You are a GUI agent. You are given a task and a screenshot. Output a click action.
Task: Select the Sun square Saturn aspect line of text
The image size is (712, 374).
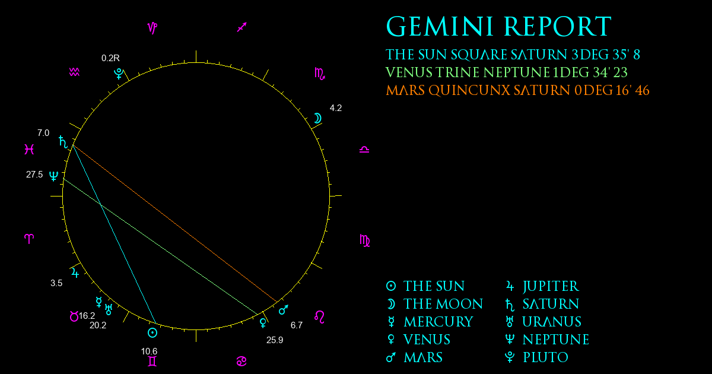coord(513,55)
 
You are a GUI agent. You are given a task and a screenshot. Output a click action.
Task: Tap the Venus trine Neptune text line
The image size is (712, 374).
coord(506,72)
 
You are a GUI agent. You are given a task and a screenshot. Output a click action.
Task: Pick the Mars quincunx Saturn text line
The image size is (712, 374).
coord(517,90)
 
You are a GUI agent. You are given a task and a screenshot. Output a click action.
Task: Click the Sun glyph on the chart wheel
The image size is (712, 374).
coord(152,332)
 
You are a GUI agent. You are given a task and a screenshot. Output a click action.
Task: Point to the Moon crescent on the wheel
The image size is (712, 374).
coord(318,118)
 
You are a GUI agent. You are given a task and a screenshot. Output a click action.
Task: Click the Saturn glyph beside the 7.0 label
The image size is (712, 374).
coord(63,142)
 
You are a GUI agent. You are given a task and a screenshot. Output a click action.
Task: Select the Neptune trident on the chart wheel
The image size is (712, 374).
coord(54,176)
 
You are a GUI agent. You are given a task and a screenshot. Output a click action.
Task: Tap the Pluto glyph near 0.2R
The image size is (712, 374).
coord(119,74)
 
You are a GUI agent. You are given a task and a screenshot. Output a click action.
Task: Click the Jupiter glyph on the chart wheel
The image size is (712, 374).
coord(75,273)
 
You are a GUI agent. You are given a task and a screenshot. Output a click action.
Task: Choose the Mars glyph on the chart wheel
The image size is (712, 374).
coord(283,309)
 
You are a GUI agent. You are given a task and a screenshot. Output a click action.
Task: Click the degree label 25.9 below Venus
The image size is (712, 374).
coord(275,340)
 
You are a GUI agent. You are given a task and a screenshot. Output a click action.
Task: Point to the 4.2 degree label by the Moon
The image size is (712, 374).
coord(336,108)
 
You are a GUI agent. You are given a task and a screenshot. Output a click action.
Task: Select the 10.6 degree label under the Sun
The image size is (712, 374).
coord(149,351)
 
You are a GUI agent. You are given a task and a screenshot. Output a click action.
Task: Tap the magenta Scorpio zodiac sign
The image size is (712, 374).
coord(320,74)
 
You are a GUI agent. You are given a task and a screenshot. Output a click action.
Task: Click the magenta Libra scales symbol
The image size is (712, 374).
coord(364,149)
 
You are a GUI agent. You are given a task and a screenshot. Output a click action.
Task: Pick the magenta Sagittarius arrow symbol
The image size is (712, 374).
coord(242,27)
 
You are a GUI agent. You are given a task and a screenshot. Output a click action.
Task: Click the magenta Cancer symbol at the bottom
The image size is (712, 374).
coord(241,362)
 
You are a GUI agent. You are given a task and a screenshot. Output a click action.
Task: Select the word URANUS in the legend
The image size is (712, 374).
coord(552,322)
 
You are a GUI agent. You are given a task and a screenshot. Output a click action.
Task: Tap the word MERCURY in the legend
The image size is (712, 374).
coord(438,322)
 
